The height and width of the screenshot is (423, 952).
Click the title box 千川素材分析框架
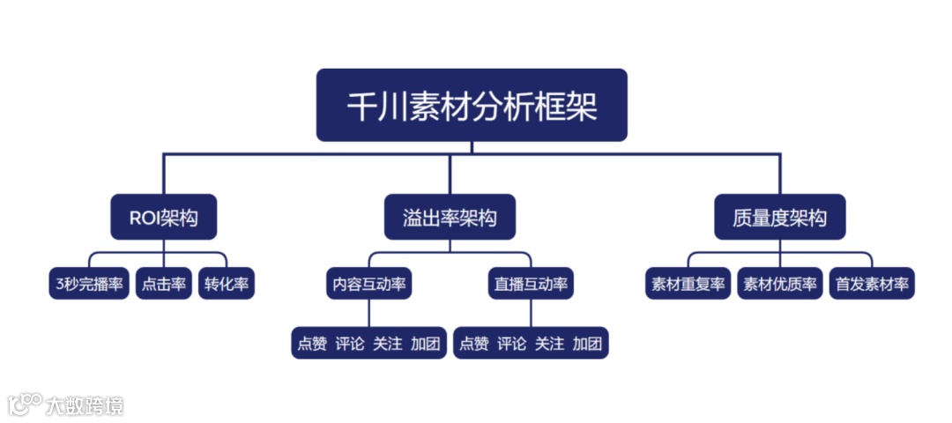pyautogui.click(x=472, y=106)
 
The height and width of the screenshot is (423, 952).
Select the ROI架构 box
pyautogui.click(x=163, y=218)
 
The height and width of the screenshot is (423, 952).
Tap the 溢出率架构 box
pyautogui.click(x=450, y=218)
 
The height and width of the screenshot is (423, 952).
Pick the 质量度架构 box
pyautogui.click(x=779, y=218)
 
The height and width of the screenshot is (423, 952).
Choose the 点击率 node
pyautogui.click(x=164, y=284)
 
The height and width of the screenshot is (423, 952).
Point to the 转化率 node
pyautogui.click(x=227, y=284)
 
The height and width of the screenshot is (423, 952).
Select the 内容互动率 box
pyautogui.click(x=369, y=284)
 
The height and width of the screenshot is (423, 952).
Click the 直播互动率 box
pyautogui.click(x=530, y=284)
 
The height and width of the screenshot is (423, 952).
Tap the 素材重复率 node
pyautogui.click(x=688, y=284)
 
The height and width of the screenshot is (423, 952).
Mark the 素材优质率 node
pyautogui.click(x=780, y=284)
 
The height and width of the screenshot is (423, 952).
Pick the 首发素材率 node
pyautogui.click(x=872, y=284)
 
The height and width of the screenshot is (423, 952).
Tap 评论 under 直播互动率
pyautogui.click(x=511, y=344)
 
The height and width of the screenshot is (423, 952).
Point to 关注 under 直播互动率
pyautogui.click(x=549, y=344)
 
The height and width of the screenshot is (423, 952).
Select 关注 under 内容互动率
pyautogui.click(x=387, y=344)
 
